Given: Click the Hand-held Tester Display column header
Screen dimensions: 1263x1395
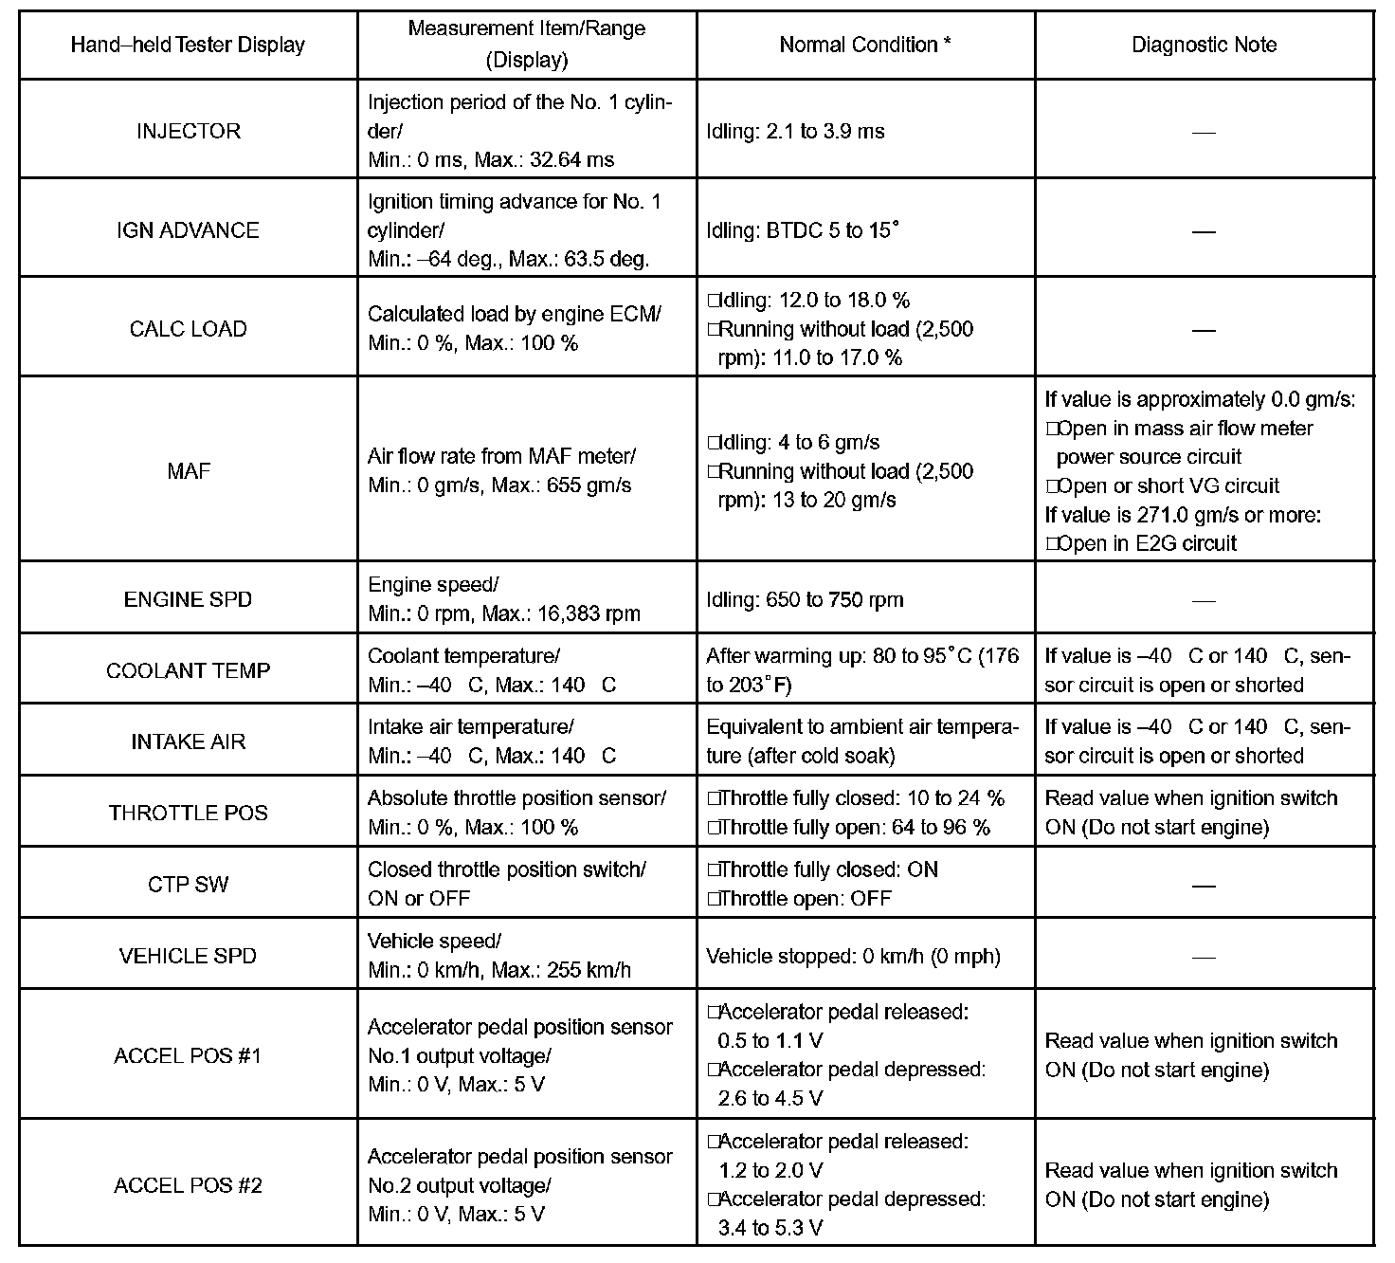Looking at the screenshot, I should (x=188, y=45).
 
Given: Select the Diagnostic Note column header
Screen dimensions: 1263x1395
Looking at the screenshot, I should (x=1204, y=45).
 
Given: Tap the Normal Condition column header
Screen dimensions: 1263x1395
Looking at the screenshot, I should (x=865, y=45).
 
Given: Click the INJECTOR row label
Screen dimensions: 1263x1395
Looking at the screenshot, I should (x=188, y=131).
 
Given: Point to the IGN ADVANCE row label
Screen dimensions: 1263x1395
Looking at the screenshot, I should (x=188, y=230).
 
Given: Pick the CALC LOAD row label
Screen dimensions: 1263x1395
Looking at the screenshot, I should (x=188, y=329).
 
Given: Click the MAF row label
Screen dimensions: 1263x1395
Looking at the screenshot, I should (x=188, y=470).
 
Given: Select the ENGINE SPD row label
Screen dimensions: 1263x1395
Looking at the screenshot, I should (x=188, y=599).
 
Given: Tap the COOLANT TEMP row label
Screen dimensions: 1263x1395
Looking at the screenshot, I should (x=188, y=670).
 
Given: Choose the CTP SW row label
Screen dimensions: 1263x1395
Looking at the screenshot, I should (x=188, y=885).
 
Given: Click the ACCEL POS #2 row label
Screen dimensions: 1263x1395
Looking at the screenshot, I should (x=188, y=1185).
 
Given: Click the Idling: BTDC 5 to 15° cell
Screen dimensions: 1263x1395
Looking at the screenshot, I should (x=802, y=230).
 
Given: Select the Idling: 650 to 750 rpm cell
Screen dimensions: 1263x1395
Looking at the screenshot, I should (x=805, y=599).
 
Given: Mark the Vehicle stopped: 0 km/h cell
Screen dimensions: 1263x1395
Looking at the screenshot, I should (x=853, y=956).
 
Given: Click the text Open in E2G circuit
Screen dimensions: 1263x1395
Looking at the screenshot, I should (x=1147, y=543).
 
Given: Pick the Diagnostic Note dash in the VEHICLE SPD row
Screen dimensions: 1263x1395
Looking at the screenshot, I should (x=1204, y=957).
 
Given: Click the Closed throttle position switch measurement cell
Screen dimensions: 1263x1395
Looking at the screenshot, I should (x=507, y=884).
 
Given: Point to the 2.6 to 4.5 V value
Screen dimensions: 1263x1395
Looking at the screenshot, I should (x=770, y=1098).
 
